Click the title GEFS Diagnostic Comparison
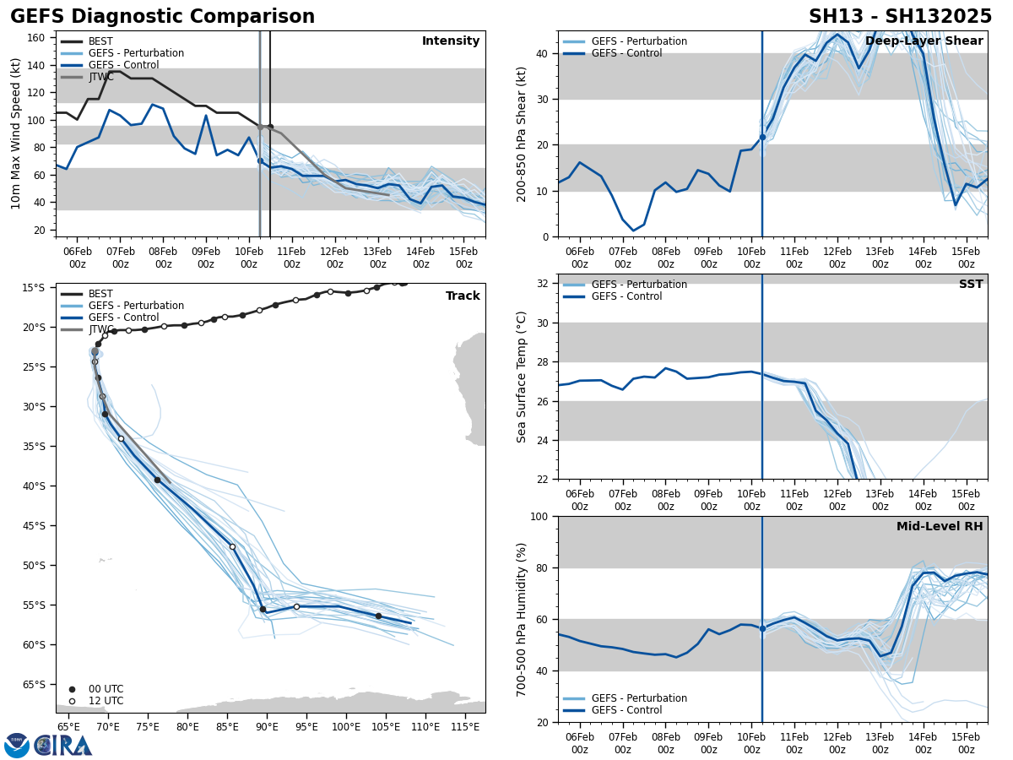coord(162,17)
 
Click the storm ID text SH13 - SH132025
coord(900,17)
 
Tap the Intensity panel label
coord(451,41)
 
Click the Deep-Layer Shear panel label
coord(924,41)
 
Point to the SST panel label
coord(971,285)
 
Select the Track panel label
coord(463,296)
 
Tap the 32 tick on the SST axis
coord(543,283)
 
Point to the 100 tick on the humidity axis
coord(539,516)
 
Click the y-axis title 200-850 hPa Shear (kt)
coord(523,133)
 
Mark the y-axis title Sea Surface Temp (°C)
coord(523,377)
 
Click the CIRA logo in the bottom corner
coord(48,745)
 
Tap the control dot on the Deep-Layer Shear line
coord(762,137)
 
